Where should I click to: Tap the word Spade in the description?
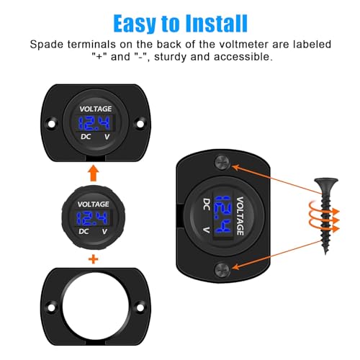50,44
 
